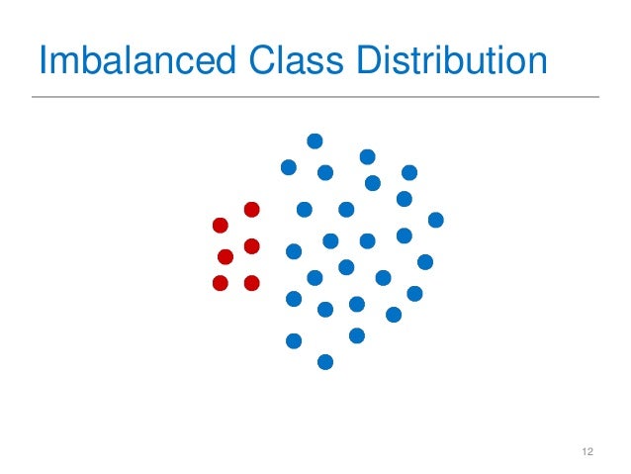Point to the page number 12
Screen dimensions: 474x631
pos(587,452)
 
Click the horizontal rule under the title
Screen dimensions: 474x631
pos(315,97)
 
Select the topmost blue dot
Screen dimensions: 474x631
pos(315,141)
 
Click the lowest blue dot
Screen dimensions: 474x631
pos(325,362)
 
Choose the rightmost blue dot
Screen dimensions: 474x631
pos(435,220)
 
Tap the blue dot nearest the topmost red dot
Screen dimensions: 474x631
pos(305,210)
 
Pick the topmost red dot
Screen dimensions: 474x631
pos(251,210)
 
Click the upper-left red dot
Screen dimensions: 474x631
pos(221,226)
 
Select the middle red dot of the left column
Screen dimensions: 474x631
pos(225,257)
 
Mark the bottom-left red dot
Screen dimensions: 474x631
pos(221,284)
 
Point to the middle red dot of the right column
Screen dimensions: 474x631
pos(251,245)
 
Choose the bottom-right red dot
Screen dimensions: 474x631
pos(251,283)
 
